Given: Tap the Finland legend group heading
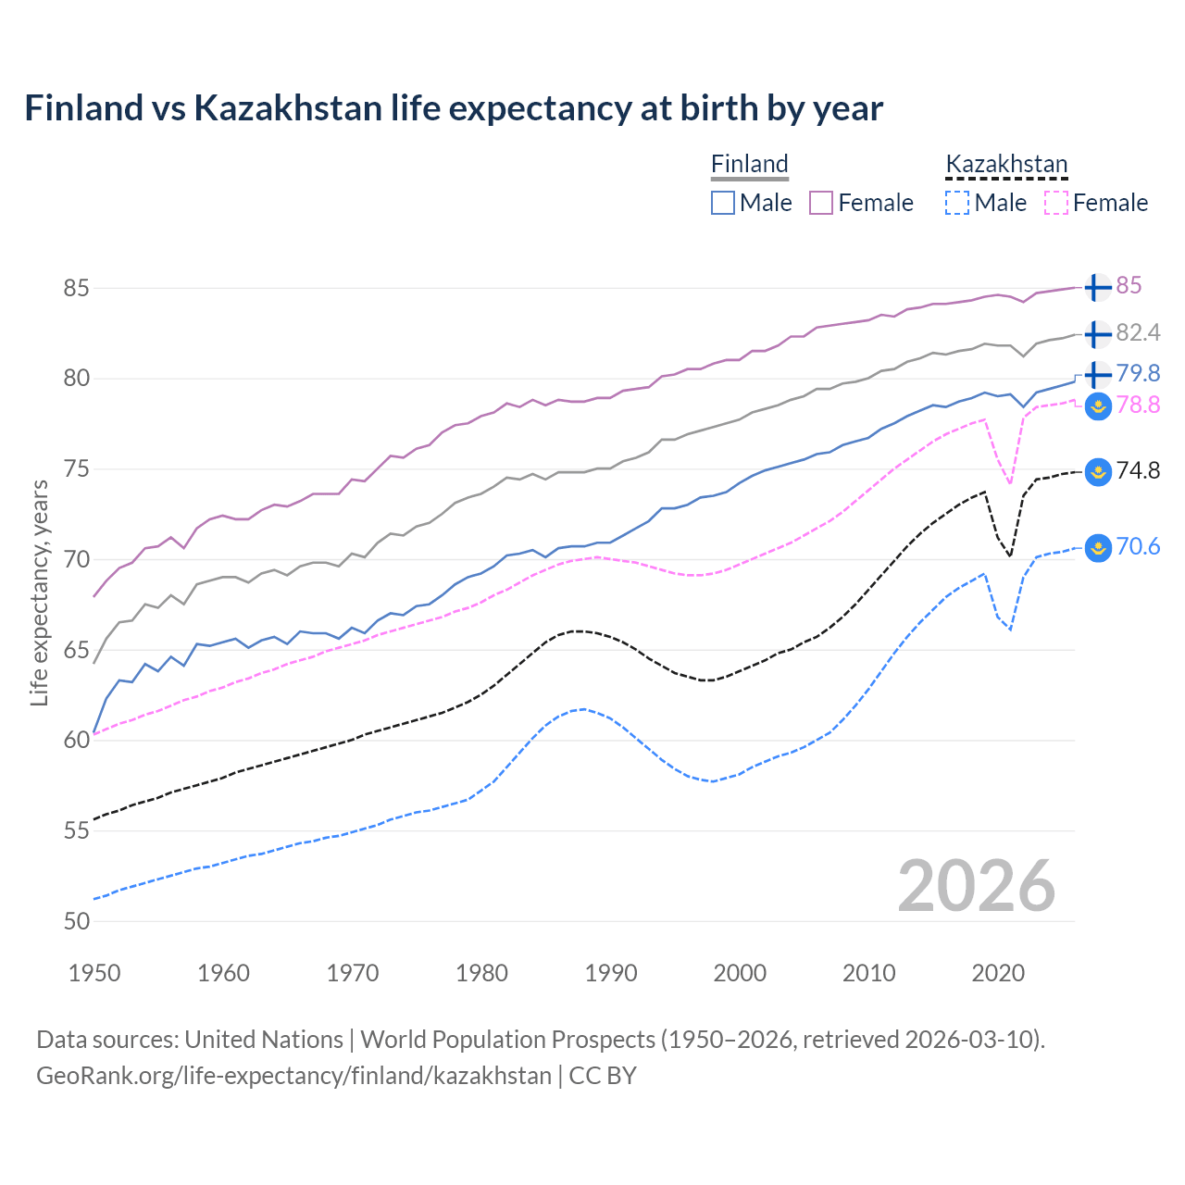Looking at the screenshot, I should [749, 164].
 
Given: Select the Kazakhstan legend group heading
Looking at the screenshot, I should [1006, 164].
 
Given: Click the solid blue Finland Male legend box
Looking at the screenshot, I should [723, 203].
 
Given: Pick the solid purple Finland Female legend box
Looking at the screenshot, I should [821, 203].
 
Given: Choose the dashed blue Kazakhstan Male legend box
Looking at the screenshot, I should [957, 203].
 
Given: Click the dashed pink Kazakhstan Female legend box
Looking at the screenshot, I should [1056, 203].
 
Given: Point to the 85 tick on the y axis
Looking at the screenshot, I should [76, 288].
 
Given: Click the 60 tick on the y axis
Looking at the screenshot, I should [76, 740].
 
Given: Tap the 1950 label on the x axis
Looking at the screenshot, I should [94, 973].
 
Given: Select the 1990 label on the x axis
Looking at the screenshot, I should [611, 973].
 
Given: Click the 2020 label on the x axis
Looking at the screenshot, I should [998, 973].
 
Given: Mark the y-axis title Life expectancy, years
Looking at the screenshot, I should [39, 592].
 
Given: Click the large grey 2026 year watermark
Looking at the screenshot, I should [976, 886].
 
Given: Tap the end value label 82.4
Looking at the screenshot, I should [1138, 332].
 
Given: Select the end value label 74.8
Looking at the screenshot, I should [1138, 470].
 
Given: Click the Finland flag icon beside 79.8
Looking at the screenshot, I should [1097, 374].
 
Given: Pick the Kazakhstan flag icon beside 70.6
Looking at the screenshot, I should [1097, 547].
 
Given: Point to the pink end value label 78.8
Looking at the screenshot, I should [1138, 405].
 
